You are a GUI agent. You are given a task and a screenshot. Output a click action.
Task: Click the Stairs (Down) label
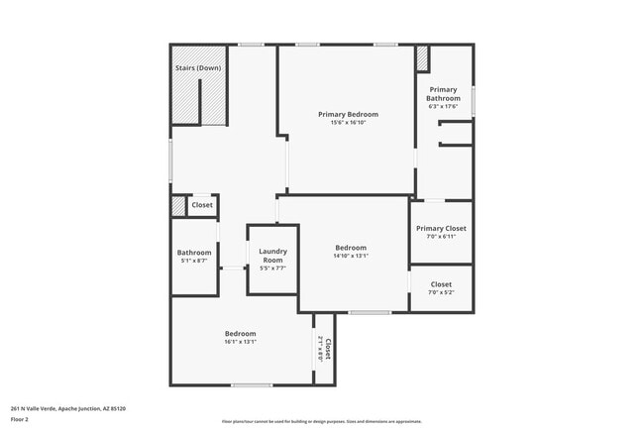(197, 67)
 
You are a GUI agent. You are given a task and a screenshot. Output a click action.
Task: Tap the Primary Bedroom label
(348, 114)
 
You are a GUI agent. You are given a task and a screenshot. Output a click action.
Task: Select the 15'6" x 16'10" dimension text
(348, 123)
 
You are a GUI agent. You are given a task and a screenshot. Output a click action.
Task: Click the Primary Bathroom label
(443, 94)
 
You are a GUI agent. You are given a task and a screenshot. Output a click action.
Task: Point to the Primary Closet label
(441, 228)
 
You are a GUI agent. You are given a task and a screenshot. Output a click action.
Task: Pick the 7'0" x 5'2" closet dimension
(441, 292)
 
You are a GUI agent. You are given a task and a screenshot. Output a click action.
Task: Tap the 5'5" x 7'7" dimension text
(272, 269)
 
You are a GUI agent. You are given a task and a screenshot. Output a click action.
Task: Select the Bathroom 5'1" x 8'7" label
(194, 257)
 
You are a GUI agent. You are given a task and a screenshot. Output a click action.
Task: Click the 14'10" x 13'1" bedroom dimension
(351, 256)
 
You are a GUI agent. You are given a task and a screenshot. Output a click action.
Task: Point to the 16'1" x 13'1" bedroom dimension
(240, 342)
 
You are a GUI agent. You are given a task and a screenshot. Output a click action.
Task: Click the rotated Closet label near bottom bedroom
(326, 348)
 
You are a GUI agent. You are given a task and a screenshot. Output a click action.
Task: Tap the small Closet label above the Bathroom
(202, 205)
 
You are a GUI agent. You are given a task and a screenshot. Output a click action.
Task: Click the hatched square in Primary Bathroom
(421, 58)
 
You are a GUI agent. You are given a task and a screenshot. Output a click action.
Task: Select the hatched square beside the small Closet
(178, 206)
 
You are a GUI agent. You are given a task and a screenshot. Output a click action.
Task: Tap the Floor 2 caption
(20, 419)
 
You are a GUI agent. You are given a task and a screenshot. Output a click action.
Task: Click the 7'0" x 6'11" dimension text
(441, 237)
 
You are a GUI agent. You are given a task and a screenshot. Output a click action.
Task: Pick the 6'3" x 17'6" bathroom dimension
(443, 107)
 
